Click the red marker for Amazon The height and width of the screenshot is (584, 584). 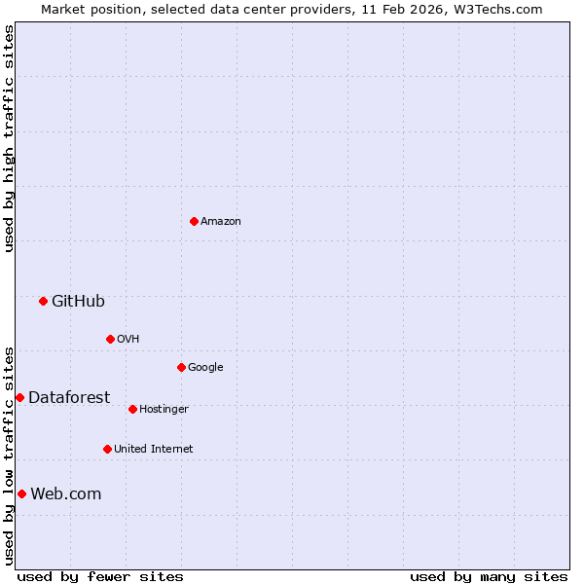pos(194,221)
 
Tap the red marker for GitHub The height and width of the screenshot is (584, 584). pos(43,301)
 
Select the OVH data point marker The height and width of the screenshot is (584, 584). pos(110,339)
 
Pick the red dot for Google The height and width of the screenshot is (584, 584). pos(181,367)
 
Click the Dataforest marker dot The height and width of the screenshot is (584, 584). pos(19,397)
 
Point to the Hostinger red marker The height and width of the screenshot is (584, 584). pos(132,409)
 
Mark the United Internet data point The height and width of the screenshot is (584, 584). pos(107,449)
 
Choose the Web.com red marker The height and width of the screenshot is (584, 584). pos(21,493)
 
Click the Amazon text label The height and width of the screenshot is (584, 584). pos(221,221)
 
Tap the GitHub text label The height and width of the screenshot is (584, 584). pos(78,301)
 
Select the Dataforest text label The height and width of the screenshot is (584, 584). pos(69,397)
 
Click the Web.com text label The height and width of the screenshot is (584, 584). pos(65,493)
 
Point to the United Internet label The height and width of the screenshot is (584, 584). pos(153,449)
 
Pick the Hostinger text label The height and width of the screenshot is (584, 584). pos(164,409)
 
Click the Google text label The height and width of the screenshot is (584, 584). pos(205,367)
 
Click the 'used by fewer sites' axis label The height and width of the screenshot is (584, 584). pos(100,576)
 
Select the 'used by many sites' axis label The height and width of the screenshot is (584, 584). pos(489,576)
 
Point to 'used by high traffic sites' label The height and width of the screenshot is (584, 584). pos(9,139)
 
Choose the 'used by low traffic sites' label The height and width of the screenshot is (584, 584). pos(9,456)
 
